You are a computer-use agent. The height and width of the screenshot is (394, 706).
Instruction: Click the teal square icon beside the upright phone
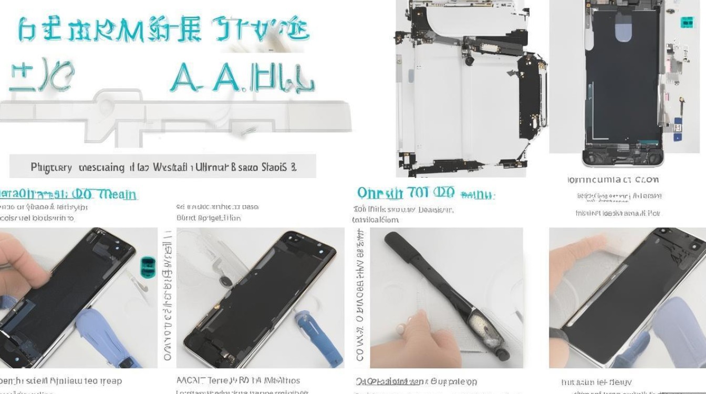(687, 22)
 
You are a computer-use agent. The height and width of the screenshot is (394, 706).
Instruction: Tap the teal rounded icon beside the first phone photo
(149, 267)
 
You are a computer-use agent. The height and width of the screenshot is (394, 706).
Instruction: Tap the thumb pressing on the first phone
(21, 257)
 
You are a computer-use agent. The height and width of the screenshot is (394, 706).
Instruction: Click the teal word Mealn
(118, 194)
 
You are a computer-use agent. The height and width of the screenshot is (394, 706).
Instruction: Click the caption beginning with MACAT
(238, 380)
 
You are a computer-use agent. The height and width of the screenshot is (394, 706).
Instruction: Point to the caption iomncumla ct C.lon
(614, 180)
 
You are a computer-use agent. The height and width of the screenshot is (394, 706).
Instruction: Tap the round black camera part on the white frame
(469, 61)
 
